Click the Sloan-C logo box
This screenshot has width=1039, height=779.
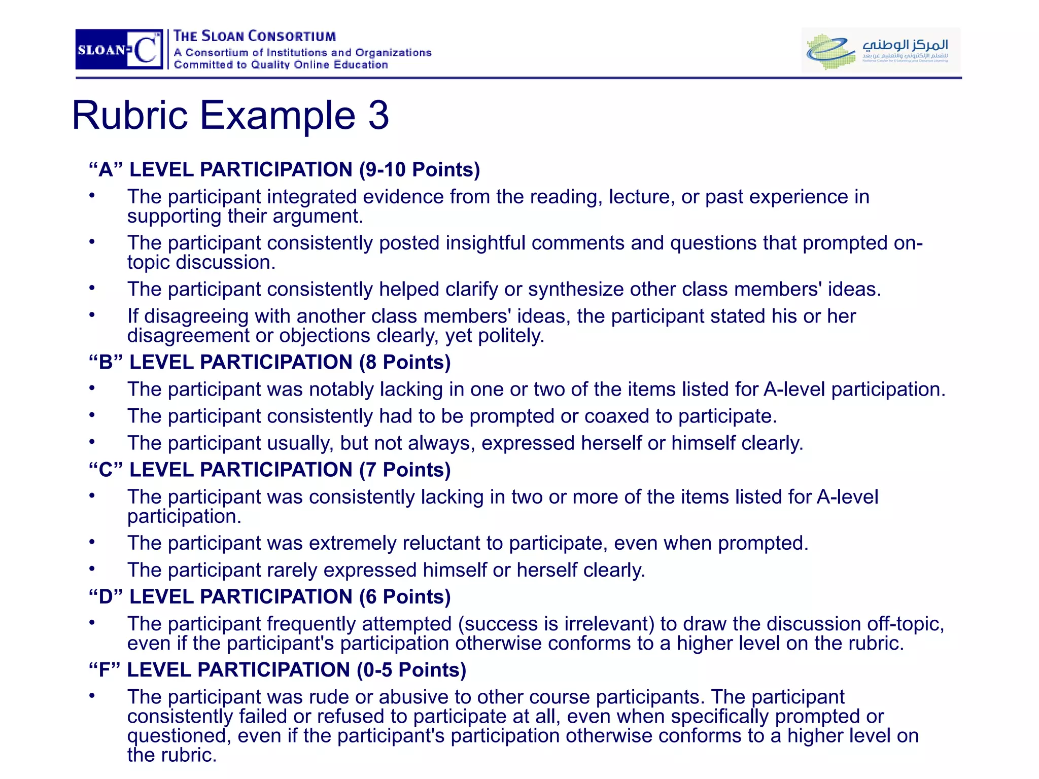pos(119,49)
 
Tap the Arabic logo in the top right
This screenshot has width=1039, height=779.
pos(881,50)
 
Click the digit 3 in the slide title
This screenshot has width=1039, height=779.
pos(378,115)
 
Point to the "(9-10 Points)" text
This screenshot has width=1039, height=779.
pos(419,169)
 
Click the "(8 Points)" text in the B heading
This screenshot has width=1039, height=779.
pos(405,362)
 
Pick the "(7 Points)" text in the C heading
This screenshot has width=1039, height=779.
pos(405,470)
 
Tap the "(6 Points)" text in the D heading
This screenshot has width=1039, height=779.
pos(405,596)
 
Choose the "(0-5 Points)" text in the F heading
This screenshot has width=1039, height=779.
pos(411,670)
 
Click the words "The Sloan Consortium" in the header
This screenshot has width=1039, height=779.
pos(255,37)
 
